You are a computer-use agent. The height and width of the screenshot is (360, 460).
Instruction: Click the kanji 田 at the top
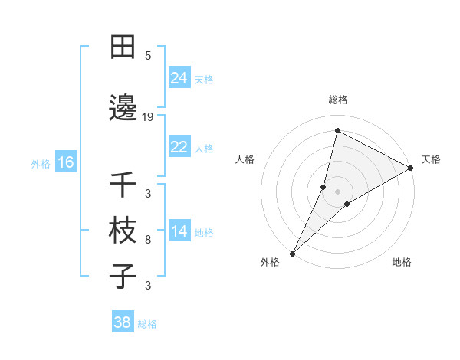[123, 47]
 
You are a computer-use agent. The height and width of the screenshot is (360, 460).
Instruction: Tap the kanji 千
[123, 185]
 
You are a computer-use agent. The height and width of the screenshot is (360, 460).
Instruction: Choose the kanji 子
[123, 276]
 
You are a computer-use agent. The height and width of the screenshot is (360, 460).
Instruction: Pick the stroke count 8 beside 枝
[147, 240]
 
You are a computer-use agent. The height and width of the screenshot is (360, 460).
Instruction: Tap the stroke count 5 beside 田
[147, 55]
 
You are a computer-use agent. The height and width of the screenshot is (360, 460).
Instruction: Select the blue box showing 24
[179, 78]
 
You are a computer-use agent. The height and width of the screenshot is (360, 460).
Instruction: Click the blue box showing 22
[179, 147]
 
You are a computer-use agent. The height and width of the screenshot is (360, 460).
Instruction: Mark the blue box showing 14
[179, 231]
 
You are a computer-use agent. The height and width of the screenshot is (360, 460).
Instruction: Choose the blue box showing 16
[65, 162]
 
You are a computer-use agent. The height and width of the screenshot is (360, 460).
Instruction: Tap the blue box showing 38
[123, 322]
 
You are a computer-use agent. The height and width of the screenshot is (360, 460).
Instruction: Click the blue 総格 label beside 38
[147, 324]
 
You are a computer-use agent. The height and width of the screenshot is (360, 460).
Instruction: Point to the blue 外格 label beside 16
[41, 163]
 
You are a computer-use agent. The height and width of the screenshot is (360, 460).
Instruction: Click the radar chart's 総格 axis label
[337, 100]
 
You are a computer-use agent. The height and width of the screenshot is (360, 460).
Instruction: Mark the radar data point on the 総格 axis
[337, 131]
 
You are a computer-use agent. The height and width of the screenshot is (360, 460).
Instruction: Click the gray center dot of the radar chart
[337, 191]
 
